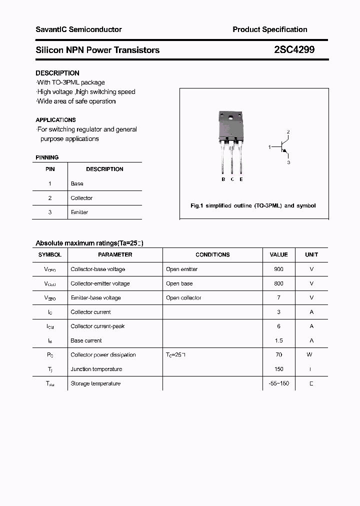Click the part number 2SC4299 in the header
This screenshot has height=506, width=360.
(294, 49)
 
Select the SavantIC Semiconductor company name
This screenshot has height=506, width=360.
(78, 29)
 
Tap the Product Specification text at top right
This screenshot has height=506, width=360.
(270, 29)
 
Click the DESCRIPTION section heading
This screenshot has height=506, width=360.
(57, 73)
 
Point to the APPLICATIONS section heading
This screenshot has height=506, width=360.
(55, 120)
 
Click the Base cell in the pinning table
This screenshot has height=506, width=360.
(77, 183)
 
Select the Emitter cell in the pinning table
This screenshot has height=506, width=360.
(79, 212)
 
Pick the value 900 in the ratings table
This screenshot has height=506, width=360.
(278, 269)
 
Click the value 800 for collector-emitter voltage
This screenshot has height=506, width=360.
(278, 283)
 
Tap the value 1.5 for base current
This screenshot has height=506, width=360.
(278, 340)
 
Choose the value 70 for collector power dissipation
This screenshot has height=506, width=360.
(278, 354)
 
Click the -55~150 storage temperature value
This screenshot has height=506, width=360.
(278, 383)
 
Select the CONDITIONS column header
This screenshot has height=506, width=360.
(212, 254)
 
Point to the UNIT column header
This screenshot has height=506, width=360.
(311, 254)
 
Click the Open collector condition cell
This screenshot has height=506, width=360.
(183, 297)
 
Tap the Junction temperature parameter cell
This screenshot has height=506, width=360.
(96, 369)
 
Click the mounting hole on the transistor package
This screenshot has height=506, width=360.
(230, 118)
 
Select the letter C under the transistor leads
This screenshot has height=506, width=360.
(232, 179)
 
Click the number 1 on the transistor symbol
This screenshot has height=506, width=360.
(269, 147)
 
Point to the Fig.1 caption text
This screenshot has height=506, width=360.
(253, 205)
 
